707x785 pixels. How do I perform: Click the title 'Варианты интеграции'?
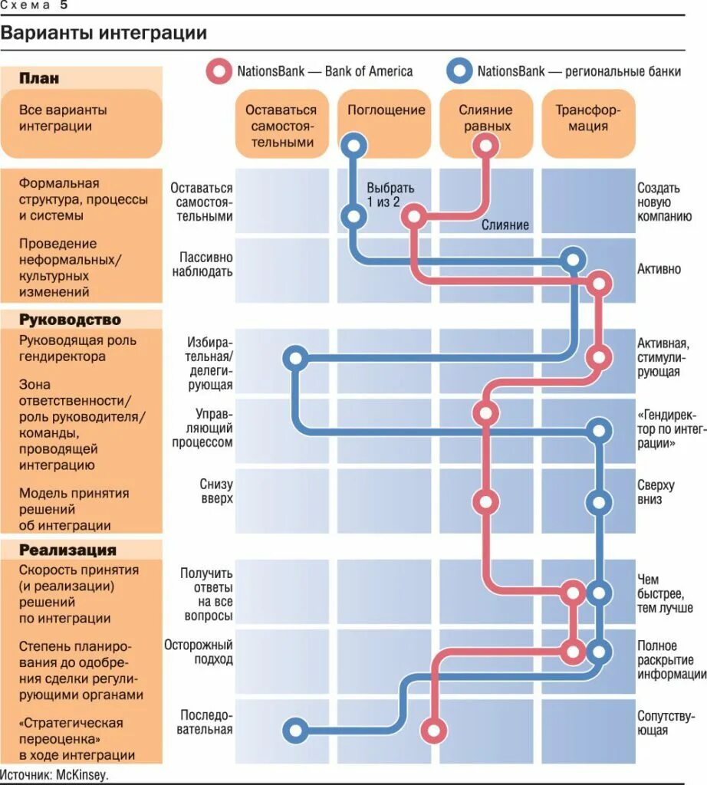104,34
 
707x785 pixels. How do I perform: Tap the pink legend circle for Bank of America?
219,72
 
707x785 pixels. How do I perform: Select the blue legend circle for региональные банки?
459,72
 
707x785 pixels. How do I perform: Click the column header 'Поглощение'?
386,110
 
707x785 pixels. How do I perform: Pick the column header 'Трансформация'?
588,117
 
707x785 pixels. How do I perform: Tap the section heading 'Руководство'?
70,320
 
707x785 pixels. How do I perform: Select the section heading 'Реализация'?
67,550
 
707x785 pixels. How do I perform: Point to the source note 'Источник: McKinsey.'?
55,774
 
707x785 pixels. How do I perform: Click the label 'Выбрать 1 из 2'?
390,195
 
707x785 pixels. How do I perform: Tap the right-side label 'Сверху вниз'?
656,493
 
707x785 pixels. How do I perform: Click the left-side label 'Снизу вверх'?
215,491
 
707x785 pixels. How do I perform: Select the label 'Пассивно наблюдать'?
206,264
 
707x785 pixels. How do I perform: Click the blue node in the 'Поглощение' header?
353,144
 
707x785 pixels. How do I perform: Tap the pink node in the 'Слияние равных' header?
485,144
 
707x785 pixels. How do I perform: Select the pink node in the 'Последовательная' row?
434,731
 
